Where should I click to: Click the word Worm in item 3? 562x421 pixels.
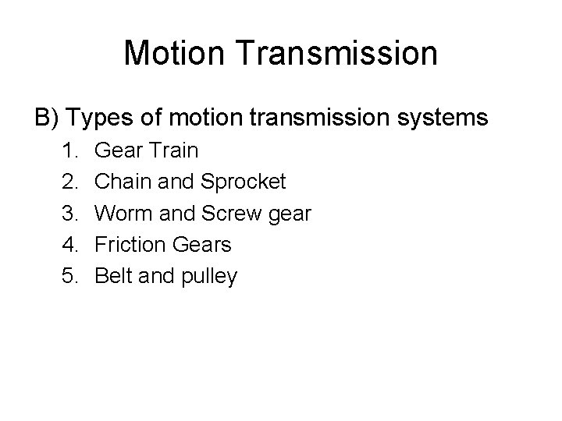click(121, 213)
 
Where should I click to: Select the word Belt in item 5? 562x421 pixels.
click(112, 276)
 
